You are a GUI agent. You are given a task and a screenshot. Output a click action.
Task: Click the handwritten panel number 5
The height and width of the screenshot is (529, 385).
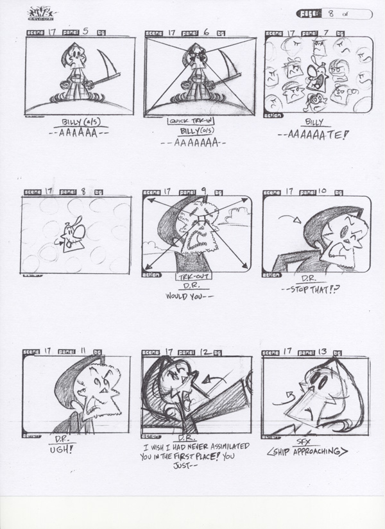[x=85, y=31]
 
